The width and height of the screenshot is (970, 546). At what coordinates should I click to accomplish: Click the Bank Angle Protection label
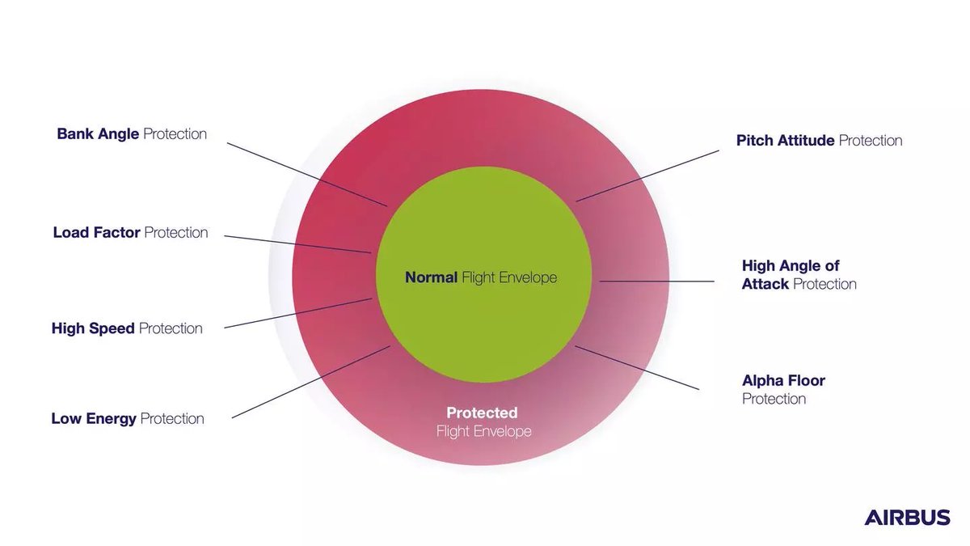point(132,133)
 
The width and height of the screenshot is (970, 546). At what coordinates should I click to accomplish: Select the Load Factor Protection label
point(130,233)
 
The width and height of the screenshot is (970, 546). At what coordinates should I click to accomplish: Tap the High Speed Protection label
point(127,328)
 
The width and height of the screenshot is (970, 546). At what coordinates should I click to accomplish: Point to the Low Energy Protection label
point(128,419)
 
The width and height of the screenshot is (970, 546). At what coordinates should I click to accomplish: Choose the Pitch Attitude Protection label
point(819,141)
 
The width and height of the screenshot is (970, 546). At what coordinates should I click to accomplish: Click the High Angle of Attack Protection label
point(799,275)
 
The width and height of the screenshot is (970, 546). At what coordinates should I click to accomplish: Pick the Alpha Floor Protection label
point(783,389)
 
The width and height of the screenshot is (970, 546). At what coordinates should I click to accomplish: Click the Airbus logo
point(907,518)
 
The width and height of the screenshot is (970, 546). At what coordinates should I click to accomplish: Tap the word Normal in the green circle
point(431,277)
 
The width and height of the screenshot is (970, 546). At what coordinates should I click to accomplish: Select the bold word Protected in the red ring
point(482,413)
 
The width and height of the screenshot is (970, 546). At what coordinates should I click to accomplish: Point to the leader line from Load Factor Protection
point(297,244)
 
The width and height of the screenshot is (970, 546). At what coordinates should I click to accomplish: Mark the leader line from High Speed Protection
point(297,313)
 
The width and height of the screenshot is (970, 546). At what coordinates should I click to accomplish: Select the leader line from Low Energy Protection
point(311,382)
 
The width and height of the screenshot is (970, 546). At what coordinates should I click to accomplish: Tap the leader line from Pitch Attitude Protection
point(647,176)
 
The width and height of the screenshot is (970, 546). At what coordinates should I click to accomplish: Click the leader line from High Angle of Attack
point(656,281)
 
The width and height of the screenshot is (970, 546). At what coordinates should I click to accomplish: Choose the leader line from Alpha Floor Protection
point(636,368)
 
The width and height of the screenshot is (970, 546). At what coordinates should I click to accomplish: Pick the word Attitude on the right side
point(806,141)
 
